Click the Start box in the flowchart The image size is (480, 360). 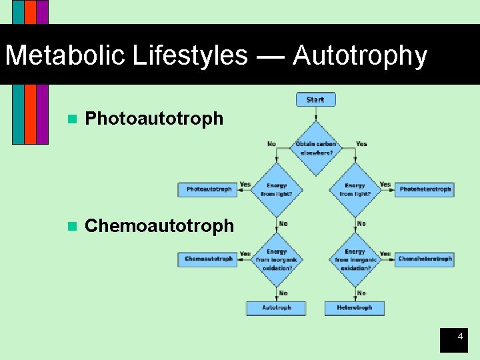tap(315, 100)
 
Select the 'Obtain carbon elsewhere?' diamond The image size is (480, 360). tap(316, 148)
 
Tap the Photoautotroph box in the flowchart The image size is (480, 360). tap(209, 189)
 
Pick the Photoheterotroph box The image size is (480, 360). tap(425, 189)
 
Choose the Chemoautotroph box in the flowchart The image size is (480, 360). tap(208, 259)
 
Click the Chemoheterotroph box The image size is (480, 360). tap(425, 259)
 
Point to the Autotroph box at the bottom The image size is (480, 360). tap(276, 308)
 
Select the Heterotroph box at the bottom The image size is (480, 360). tap(354, 308)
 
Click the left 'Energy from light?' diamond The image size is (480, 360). tap(277, 189)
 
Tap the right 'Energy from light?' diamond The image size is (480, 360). tap(355, 189)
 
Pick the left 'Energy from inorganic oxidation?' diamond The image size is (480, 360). tap(277, 259)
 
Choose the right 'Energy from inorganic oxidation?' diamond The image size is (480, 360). tap(355, 259)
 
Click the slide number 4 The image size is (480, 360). tap(459, 337)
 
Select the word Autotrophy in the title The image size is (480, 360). tap(359, 55)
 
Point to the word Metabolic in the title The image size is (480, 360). tap(66, 55)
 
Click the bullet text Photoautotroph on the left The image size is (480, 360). tap(154, 119)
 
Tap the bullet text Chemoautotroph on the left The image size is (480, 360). tap(159, 226)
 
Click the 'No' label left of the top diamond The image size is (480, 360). tap(271, 144)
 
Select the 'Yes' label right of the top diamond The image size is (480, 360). tap(361, 144)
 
